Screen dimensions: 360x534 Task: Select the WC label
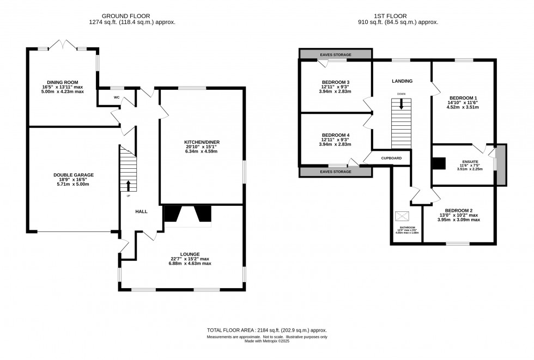tap(117, 97)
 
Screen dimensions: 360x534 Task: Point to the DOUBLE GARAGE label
tap(74, 175)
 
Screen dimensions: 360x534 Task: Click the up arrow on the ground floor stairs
tap(129, 186)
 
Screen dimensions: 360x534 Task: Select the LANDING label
tap(402, 81)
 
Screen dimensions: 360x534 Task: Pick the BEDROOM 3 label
tap(335, 82)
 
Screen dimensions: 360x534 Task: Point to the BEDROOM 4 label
tap(335, 135)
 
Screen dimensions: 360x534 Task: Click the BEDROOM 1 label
tap(462, 98)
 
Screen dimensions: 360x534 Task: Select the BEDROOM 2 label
tap(458, 210)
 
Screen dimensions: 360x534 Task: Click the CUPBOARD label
tap(391, 158)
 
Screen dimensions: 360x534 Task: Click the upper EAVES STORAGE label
tap(335, 54)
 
